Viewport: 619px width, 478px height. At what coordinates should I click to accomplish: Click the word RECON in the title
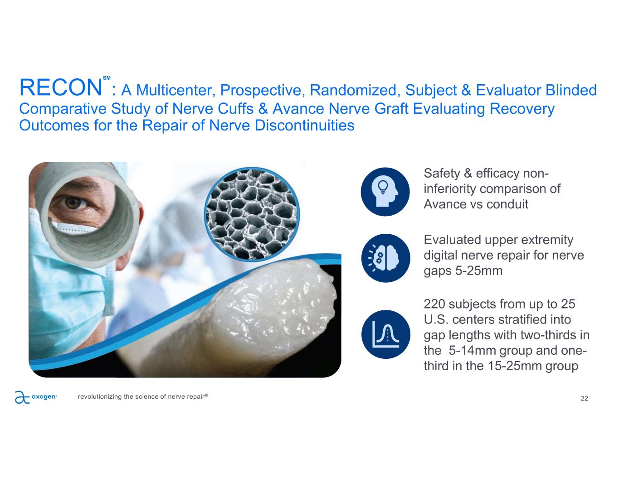[x=61, y=87]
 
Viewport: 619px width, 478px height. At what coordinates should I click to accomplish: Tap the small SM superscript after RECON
[x=107, y=78]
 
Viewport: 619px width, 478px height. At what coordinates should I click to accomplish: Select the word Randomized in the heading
[x=353, y=90]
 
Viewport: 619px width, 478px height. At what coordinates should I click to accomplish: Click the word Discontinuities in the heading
[x=305, y=125]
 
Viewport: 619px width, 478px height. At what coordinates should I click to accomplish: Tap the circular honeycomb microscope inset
[x=252, y=214]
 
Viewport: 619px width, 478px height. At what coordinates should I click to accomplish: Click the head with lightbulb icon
[x=385, y=192]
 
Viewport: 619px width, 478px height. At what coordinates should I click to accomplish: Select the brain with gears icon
[x=385, y=258]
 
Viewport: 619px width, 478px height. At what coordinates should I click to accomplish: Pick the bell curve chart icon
[x=386, y=334]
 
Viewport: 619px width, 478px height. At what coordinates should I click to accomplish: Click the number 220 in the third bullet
[x=434, y=304]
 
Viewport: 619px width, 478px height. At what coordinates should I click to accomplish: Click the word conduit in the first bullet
[x=507, y=204]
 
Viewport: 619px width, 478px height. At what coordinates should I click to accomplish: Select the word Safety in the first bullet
[x=442, y=173]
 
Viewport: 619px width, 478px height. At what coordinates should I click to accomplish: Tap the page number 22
[x=584, y=398]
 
